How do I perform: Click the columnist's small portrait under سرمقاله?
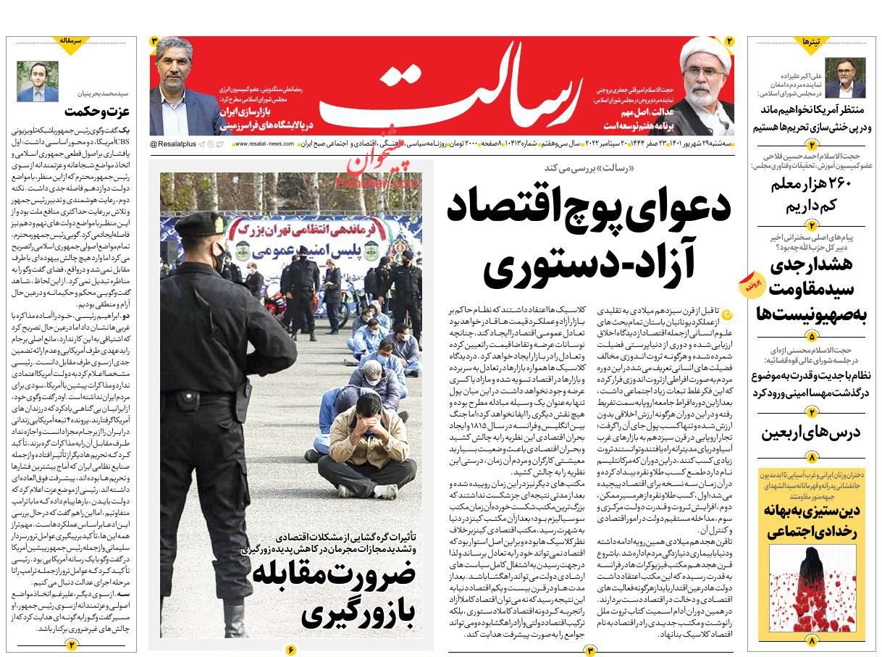pyautogui.click(x=38, y=81)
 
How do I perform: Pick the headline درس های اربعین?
pyautogui.click(x=810, y=432)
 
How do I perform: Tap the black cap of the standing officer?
pyautogui.click(x=198, y=224)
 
